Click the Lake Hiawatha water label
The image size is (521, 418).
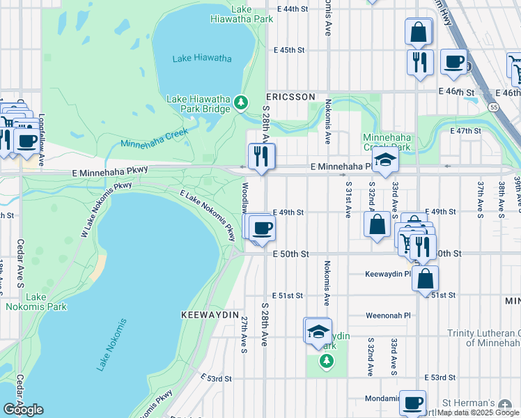pos(202,59)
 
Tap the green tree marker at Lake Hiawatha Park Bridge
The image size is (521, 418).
pos(241,103)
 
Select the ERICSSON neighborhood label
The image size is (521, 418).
pos(291,97)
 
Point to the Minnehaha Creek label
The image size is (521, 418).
pos(155,138)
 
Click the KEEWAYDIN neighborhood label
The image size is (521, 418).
pos(210,315)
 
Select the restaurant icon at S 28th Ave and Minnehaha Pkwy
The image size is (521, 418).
pos(262,156)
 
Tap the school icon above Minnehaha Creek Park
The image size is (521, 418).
pos(385,160)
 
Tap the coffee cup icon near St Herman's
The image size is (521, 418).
pos(413,403)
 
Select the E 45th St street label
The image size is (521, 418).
pos(289,50)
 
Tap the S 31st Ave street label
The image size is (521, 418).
pos(348,199)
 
